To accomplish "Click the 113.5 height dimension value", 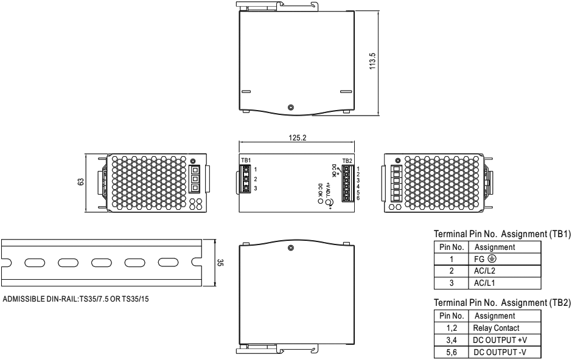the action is [372, 61].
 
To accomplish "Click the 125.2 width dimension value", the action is [298, 137].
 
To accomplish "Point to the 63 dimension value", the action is [81, 181].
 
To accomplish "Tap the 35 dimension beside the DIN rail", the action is [220, 262].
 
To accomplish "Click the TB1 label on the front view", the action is [246, 161].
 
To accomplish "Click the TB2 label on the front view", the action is [347, 161].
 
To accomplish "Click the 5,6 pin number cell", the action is [452, 352].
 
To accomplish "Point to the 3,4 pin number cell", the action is [452, 340].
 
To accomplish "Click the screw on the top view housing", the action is [290, 108].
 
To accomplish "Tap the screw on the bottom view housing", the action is [290, 248].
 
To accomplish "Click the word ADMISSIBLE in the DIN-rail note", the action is [23, 300].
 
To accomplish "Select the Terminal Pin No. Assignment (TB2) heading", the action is [502, 302].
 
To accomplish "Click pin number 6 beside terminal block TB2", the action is [358, 198].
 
